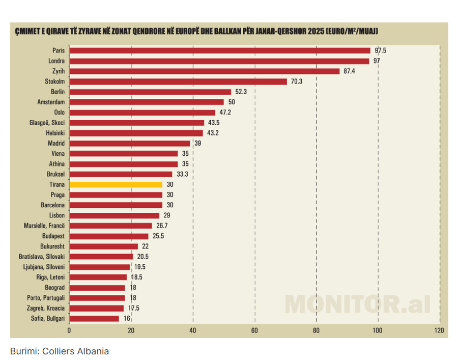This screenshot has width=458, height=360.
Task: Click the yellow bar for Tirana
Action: coord(116,184)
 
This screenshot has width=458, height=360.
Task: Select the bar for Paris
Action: coord(219,50)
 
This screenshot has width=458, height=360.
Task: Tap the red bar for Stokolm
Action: coord(178,81)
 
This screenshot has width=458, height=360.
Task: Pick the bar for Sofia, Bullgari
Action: coord(94,318)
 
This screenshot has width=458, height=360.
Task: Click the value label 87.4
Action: coord(350,71)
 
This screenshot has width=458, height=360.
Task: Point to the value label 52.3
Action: coord(241,92)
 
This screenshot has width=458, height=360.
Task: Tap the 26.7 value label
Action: coord(162,226)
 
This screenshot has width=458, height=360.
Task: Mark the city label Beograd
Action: coord(55,287)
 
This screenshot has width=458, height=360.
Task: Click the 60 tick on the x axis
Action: coord(254,330)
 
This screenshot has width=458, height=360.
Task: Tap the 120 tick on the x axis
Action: coord(440,330)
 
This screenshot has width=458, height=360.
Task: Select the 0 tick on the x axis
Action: coord(69,330)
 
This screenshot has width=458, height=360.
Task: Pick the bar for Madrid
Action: coord(129,144)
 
